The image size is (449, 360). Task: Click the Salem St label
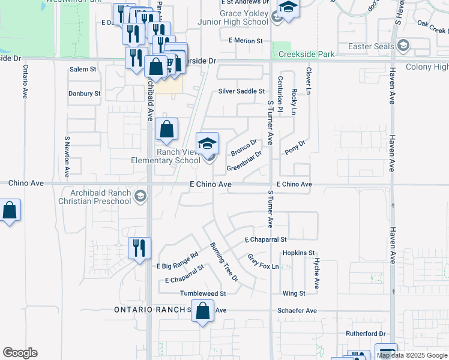pos(83,70)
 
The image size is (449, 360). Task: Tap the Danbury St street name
pos(84,94)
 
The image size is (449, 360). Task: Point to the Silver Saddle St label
pos(241,91)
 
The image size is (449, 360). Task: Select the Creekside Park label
pos(307,55)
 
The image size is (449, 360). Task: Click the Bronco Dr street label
pos(244,146)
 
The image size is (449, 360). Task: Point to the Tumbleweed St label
pos(203,294)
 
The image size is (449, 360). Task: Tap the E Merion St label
pos(246,41)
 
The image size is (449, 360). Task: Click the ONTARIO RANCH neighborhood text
pos(152,310)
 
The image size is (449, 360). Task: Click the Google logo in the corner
pos(20,353)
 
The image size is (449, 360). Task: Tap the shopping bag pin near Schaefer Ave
pos(203,311)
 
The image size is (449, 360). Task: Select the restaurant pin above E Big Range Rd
pos(139,248)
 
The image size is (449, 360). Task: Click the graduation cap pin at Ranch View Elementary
pos(208,144)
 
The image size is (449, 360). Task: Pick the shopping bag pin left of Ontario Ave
pos(10,211)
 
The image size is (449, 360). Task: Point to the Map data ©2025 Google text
pos(412,355)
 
